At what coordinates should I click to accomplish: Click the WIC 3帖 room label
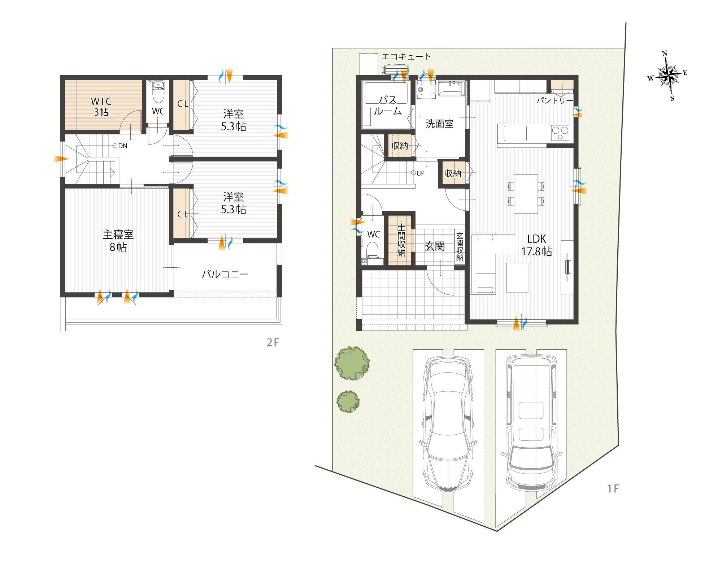[101, 107]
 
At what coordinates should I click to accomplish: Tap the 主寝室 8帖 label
[118, 241]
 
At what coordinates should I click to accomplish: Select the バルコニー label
[225, 274]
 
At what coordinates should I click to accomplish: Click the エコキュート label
[406, 56]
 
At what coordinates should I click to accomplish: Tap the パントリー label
[554, 100]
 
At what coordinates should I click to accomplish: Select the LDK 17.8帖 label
[537, 245]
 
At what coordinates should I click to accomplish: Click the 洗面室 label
[439, 124]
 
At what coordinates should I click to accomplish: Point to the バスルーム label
[388, 105]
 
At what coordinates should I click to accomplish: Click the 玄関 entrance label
[435, 246]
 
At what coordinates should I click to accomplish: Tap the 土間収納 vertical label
[401, 240]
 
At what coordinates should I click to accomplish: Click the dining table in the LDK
[526, 194]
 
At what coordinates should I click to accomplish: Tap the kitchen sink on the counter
[515, 133]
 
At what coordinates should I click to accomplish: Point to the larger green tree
[352, 363]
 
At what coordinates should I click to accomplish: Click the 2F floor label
[273, 342]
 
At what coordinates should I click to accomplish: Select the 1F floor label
[613, 489]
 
